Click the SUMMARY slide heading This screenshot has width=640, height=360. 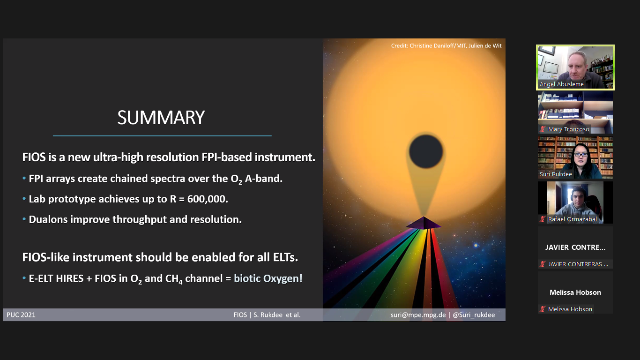coord(161,118)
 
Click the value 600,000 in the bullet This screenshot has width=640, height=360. coord(208,199)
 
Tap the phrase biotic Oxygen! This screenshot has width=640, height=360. coord(268,278)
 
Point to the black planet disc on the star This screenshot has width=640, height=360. coord(426,151)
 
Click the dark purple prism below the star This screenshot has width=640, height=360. coord(424,223)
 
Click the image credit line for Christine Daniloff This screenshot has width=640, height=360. coord(446,46)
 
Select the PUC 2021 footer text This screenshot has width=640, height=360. coord(21,315)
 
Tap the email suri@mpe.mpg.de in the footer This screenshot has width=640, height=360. coord(418,315)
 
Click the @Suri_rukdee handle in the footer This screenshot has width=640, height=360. coord(474,315)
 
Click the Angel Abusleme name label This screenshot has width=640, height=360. coord(561,84)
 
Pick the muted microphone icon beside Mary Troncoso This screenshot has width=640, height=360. coord(543,129)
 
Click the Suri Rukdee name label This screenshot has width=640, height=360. coord(556,174)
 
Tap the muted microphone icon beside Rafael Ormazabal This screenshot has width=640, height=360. coord(543,219)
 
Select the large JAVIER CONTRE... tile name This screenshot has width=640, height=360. coord(575,247)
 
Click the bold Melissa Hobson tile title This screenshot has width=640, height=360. coord(575,292)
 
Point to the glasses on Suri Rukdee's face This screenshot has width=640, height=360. coord(580,155)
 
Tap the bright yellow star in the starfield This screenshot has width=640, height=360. coord(476,245)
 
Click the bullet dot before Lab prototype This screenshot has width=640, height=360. coord(24,199)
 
